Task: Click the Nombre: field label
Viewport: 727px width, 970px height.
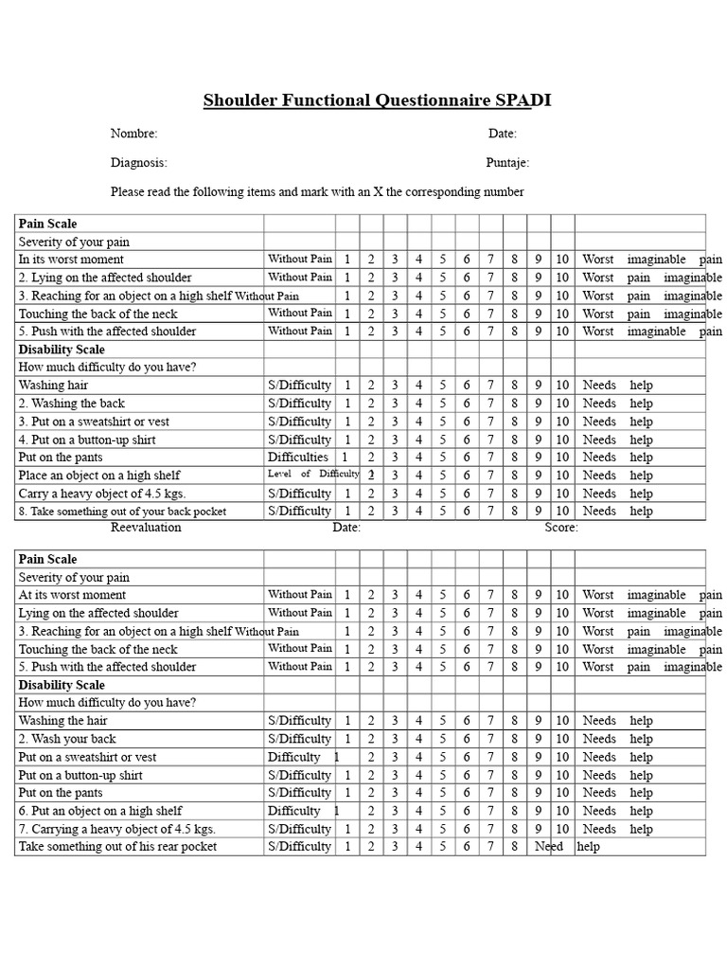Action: [x=133, y=134]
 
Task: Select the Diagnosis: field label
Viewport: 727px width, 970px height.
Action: [x=138, y=163]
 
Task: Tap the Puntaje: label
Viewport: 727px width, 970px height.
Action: [x=507, y=163]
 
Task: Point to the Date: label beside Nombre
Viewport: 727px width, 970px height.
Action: [x=502, y=134]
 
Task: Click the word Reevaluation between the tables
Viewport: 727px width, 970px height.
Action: [x=146, y=528]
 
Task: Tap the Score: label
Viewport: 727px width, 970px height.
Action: [x=560, y=528]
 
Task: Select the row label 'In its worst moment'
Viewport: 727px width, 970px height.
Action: [x=71, y=260]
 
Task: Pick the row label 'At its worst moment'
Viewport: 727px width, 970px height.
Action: [x=72, y=595]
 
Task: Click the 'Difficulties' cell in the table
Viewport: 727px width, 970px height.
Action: [x=297, y=458]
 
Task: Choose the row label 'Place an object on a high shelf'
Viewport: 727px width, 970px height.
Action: [x=98, y=476]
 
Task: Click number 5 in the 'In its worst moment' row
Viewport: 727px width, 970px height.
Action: [x=442, y=260]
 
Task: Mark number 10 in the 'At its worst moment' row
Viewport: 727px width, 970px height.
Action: [x=562, y=595]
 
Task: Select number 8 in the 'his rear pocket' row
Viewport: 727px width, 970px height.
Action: [x=514, y=847]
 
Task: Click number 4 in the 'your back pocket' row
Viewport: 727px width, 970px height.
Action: [x=418, y=512]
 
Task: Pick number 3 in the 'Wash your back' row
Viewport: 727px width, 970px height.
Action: [x=395, y=739]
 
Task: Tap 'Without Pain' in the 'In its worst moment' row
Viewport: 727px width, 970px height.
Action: [x=299, y=259]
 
